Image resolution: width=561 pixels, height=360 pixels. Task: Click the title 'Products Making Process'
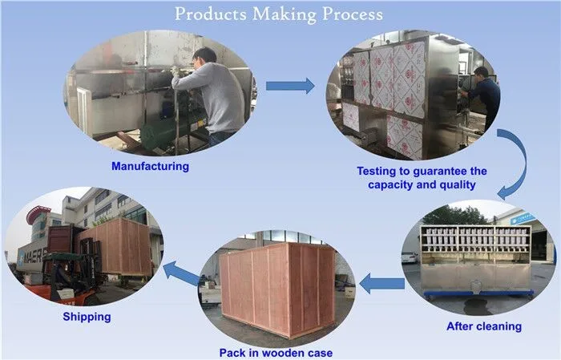pos(278,14)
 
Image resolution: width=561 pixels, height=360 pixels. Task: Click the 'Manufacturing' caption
pos(150,167)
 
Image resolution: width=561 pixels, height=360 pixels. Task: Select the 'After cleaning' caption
pos(483,326)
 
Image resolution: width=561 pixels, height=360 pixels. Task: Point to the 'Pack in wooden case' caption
pos(275,352)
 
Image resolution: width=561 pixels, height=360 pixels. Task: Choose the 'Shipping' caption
pos(87,317)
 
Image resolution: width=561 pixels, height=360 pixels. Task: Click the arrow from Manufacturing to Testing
pos(289,86)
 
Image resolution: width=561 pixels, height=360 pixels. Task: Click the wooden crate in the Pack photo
pos(276,289)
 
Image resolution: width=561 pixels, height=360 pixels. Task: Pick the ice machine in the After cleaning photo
pos(477,257)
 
